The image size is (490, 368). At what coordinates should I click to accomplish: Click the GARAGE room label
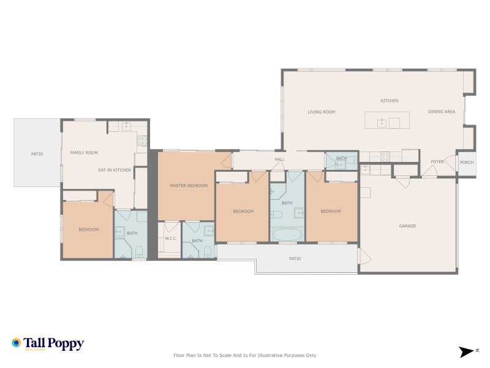click(x=407, y=226)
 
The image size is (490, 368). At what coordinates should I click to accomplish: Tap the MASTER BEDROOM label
click(x=189, y=185)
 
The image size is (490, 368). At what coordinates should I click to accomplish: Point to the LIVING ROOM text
click(x=321, y=112)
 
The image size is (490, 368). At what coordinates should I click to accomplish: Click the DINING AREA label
click(x=441, y=112)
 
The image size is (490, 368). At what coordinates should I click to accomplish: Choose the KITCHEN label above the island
click(x=389, y=101)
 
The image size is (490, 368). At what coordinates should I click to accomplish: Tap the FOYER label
click(x=437, y=162)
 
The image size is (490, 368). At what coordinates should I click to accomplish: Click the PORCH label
click(x=466, y=163)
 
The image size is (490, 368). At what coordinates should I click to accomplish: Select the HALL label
click(x=279, y=159)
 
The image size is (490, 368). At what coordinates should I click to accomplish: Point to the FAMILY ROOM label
click(x=84, y=153)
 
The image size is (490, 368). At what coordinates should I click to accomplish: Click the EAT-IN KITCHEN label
click(x=115, y=169)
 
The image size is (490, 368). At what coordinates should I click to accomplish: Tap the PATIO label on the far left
click(x=37, y=153)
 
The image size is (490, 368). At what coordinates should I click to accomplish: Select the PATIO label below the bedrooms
click(x=295, y=258)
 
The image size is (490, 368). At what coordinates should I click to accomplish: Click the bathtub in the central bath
click(x=287, y=234)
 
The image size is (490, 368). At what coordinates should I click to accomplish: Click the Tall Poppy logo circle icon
click(x=17, y=343)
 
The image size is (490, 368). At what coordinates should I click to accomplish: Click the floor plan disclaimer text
click(x=244, y=355)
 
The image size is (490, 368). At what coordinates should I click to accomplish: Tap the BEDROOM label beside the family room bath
click(x=88, y=229)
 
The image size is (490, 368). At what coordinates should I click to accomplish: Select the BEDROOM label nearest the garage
click(x=331, y=211)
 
